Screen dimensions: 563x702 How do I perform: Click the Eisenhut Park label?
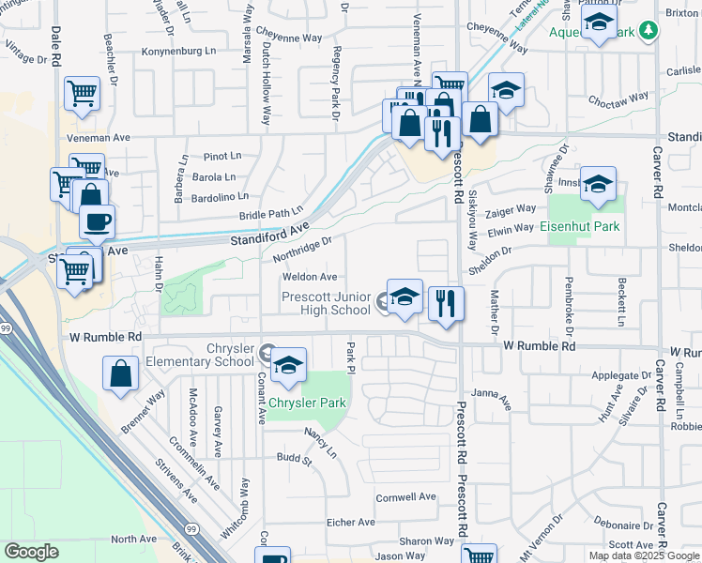[580, 226]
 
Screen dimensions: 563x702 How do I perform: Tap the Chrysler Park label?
[308, 403]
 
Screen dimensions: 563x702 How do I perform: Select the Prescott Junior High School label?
[326, 303]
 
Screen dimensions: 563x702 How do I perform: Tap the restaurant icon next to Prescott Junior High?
[447, 302]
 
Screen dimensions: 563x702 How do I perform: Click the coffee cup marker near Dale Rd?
[97, 222]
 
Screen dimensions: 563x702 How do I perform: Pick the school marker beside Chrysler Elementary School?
[289, 365]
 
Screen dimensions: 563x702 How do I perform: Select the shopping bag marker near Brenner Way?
[122, 373]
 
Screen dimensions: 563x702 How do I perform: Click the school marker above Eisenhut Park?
[598, 184]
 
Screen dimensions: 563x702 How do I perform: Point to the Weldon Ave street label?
[310, 277]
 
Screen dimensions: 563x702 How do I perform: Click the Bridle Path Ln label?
[272, 214]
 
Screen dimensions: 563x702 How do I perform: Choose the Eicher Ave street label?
[350, 522]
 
